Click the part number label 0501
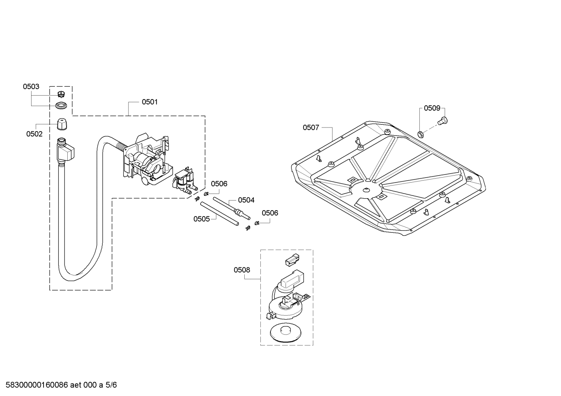(x=149, y=102)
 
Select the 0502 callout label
(x=34, y=134)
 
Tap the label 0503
(x=31, y=87)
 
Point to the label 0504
(x=246, y=200)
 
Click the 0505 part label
(x=202, y=219)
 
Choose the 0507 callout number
(x=311, y=127)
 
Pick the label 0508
(x=242, y=270)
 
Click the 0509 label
(x=432, y=108)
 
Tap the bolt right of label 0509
(x=442, y=121)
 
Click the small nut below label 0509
(x=420, y=134)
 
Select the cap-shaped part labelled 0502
(x=61, y=124)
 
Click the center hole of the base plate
(x=366, y=190)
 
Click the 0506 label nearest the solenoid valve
(x=219, y=184)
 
